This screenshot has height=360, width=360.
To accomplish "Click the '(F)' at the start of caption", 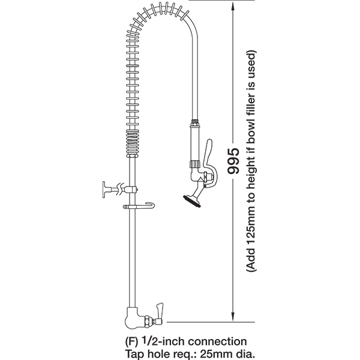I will [132, 341].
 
